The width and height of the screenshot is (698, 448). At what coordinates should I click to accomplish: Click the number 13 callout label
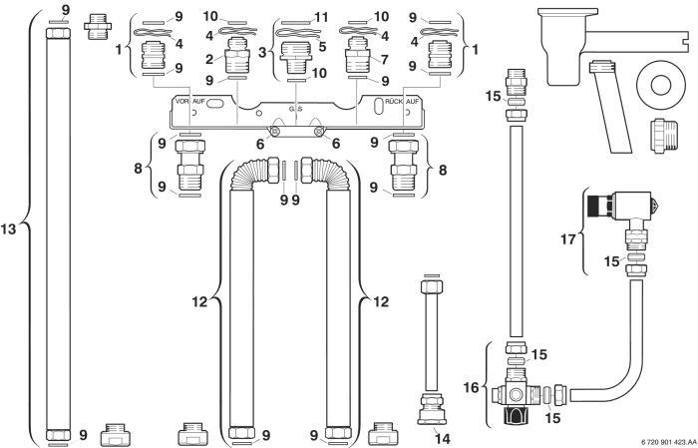tap(8, 229)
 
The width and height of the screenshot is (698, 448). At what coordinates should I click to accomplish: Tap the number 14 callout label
tap(443, 439)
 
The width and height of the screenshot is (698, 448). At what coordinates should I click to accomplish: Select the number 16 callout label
tap(471, 387)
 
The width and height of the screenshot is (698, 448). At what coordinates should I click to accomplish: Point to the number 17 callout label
tap(568, 239)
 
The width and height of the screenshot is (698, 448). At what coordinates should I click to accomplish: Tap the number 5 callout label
tap(322, 45)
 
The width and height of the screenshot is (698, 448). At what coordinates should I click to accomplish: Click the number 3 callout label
tap(262, 52)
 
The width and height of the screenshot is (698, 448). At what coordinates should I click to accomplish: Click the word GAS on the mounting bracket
tap(295, 108)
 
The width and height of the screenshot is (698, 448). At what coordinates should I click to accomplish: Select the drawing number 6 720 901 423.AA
tap(669, 441)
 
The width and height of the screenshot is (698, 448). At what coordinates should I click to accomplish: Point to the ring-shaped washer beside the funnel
tap(660, 85)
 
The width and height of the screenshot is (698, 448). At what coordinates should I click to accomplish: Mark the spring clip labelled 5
tap(298, 33)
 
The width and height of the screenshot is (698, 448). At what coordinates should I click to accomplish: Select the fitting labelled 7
tap(357, 55)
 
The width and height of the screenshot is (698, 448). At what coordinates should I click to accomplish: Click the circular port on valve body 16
tap(517, 394)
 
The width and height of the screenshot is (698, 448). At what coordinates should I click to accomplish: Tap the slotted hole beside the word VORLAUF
tap(216, 103)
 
